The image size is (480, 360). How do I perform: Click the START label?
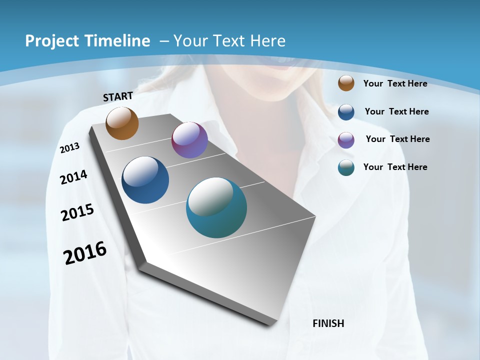click(x=118, y=96)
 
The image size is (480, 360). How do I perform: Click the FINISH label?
click(x=328, y=323)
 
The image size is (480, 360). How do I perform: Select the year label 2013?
click(x=69, y=148)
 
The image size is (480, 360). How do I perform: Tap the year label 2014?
click(x=73, y=177)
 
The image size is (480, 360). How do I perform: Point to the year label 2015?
click(x=77, y=212)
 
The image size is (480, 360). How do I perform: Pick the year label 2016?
click(x=85, y=253)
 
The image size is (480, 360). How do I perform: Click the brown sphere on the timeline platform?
click(x=122, y=123)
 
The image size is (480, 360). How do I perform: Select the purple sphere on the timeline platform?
click(x=189, y=140)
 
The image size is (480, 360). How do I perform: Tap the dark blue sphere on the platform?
click(x=145, y=180)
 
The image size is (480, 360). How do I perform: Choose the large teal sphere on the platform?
click(x=216, y=207)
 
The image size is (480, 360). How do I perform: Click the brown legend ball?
click(x=346, y=83)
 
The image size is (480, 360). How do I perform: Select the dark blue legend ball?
click(x=346, y=112)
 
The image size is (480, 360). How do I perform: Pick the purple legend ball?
click(x=346, y=140)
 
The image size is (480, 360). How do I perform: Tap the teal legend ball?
click(x=346, y=167)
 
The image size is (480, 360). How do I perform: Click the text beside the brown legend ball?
click(x=395, y=83)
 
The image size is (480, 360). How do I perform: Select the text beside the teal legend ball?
click(x=395, y=167)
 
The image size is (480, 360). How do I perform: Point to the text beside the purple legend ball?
click(x=397, y=139)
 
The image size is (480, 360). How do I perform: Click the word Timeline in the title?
click(x=119, y=41)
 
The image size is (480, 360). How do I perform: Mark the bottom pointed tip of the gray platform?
click(x=270, y=324)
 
